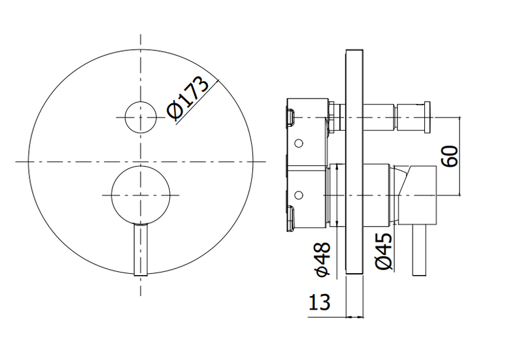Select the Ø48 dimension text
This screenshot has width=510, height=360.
(x=323, y=259)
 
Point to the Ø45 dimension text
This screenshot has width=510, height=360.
(x=384, y=251)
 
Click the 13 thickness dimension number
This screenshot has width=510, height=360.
(x=319, y=302)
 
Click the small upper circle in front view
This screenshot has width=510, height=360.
(x=141, y=117)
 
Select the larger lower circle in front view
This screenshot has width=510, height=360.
(x=141, y=195)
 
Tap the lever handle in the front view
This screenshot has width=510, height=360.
(x=141, y=250)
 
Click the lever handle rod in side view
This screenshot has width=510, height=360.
(x=419, y=250)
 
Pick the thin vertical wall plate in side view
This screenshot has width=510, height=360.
(x=354, y=163)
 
